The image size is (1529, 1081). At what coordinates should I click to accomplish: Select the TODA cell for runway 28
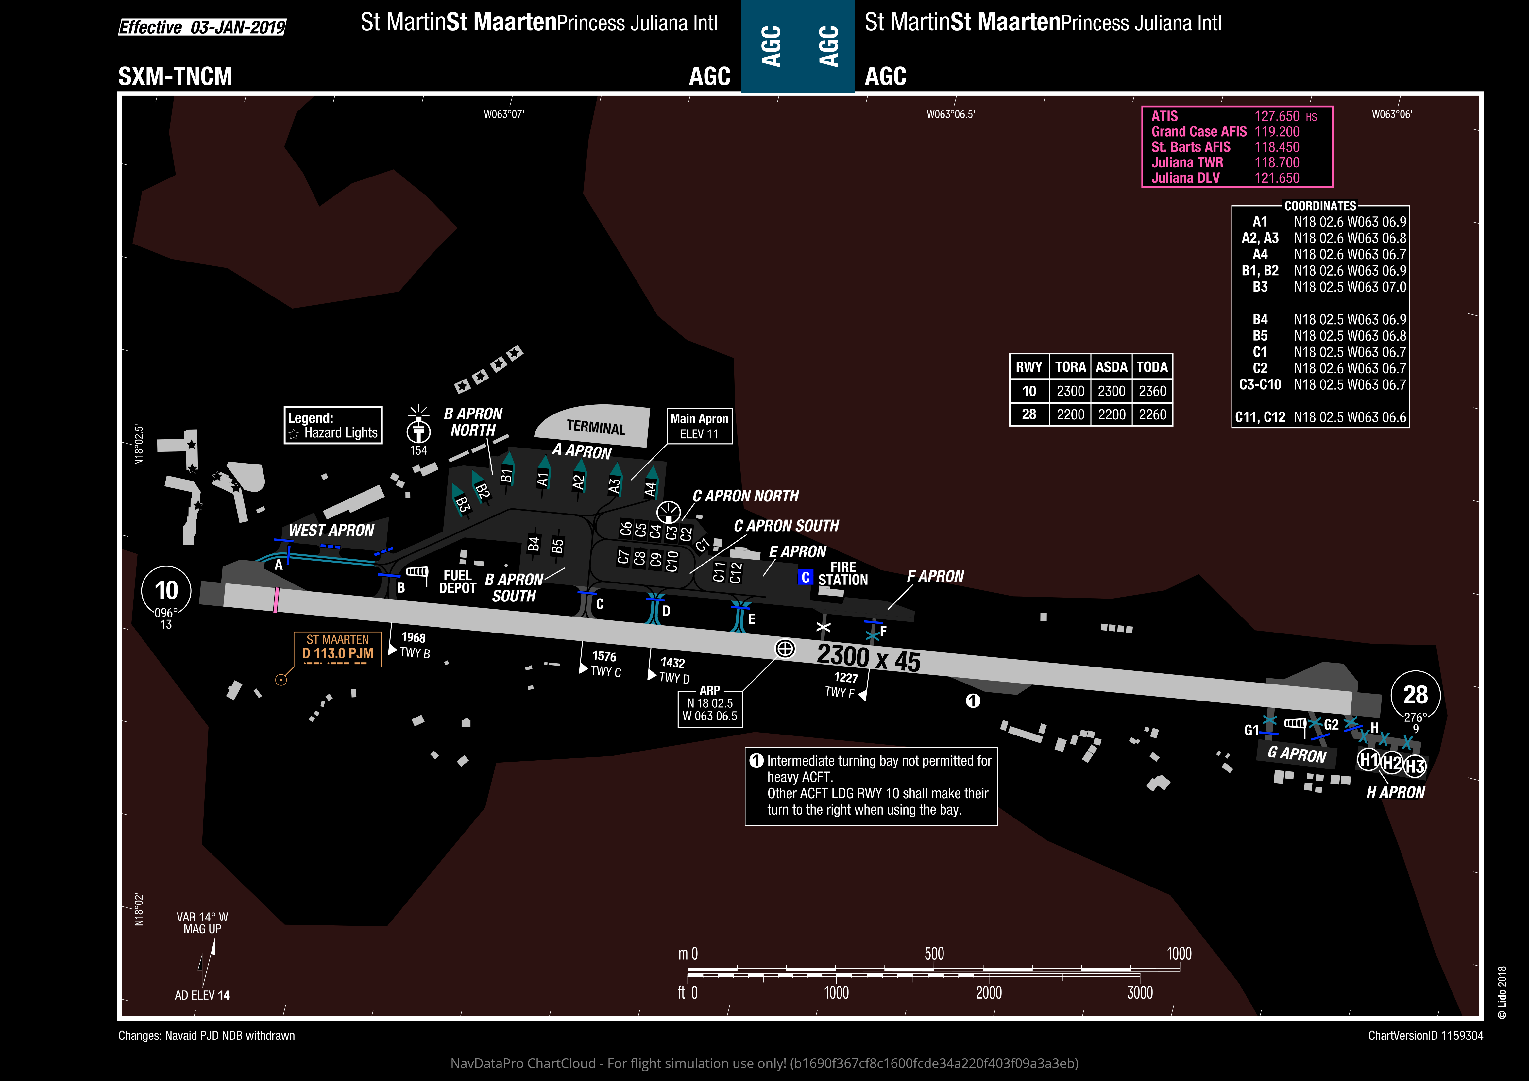1152,414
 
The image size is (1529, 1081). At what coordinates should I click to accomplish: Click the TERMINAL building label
596,427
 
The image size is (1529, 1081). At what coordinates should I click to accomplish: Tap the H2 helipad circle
1392,763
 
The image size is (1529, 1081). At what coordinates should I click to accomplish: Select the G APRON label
1297,755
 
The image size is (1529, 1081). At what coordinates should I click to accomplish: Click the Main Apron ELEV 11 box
699,426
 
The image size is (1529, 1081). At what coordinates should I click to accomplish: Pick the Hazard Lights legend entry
334,433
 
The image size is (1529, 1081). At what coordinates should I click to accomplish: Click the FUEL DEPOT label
457,582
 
